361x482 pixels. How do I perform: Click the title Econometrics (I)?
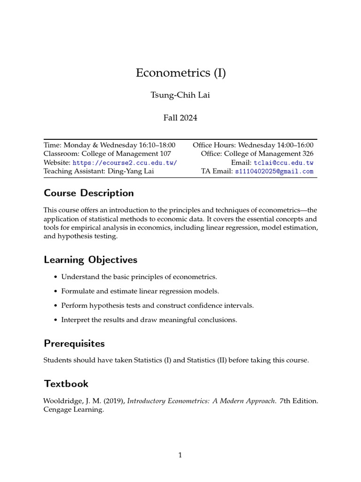click(x=180, y=73)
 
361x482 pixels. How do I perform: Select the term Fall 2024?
click(x=180, y=118)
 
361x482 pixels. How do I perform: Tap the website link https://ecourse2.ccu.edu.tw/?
click(x=125, y=162)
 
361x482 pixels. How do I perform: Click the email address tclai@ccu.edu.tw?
click(x=283, y=162)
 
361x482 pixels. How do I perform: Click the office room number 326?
click(x=307, y=153)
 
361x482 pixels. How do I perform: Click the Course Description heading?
click(x=88, y=193)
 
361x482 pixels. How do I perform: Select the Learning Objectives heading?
click(x=90, y=260)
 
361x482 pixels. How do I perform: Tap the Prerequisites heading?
click(x=74, y=343)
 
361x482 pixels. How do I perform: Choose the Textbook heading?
click(x=66, y=384)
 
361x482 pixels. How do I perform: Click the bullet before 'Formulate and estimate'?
click(x=56, y=291)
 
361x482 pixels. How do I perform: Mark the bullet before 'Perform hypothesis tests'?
click(x=56, y=305)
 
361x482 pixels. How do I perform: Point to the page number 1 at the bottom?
click(x=180, y=455)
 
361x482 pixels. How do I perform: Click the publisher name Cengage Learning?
click(x=73, y=410)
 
